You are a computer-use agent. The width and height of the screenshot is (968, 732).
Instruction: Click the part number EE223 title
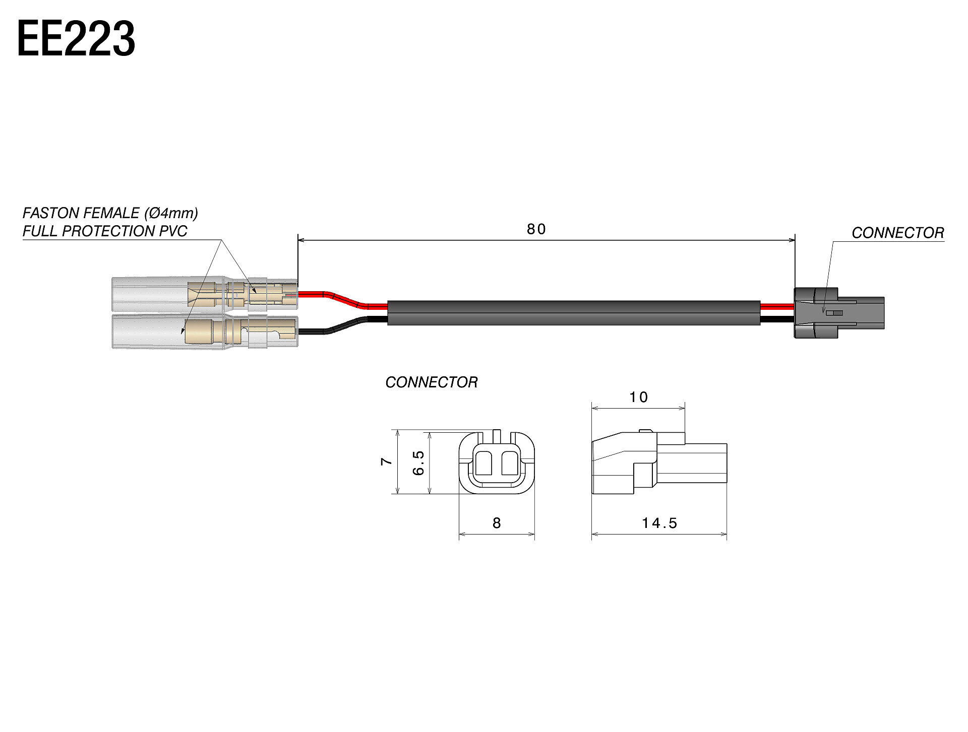pos(76,39)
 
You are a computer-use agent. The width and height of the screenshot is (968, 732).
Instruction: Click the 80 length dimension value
pos(536,230)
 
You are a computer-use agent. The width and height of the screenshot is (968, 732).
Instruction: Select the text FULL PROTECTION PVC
pos(105,231)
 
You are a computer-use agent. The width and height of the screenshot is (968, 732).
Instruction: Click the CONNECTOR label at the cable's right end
pos(897,233)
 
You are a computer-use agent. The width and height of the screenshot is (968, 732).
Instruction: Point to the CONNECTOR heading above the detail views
pos(431,382)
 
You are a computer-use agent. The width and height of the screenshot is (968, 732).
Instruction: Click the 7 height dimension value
pos(386,461)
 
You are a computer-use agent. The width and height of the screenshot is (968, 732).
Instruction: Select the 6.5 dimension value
pos(418,462)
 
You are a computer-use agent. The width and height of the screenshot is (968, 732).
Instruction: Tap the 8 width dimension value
pos(497,523)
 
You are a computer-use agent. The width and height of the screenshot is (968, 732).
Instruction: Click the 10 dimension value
pos(638,397)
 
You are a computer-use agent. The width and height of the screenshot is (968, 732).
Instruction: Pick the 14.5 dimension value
pos(659,523)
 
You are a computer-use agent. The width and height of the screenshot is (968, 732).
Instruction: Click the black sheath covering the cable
pos(574,313)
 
